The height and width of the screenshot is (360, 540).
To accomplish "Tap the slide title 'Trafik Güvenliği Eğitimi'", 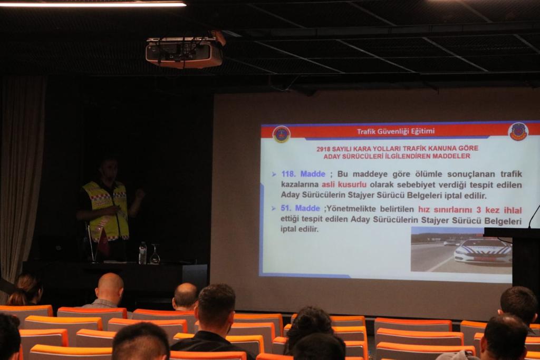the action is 396,131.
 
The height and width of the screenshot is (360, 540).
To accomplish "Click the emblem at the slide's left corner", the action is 282,134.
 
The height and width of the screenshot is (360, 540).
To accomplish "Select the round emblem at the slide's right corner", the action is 518,132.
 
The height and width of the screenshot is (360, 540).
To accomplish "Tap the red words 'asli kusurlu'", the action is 344,184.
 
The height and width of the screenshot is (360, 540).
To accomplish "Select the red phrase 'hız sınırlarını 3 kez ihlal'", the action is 470,210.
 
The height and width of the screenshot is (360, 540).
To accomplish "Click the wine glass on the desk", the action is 155,255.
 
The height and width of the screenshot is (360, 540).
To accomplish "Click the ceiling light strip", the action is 93,4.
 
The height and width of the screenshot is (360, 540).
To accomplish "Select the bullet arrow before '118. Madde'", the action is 274,174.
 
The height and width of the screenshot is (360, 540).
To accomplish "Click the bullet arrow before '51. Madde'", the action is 274,209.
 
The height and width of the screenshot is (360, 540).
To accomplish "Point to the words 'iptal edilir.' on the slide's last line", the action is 300,229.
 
